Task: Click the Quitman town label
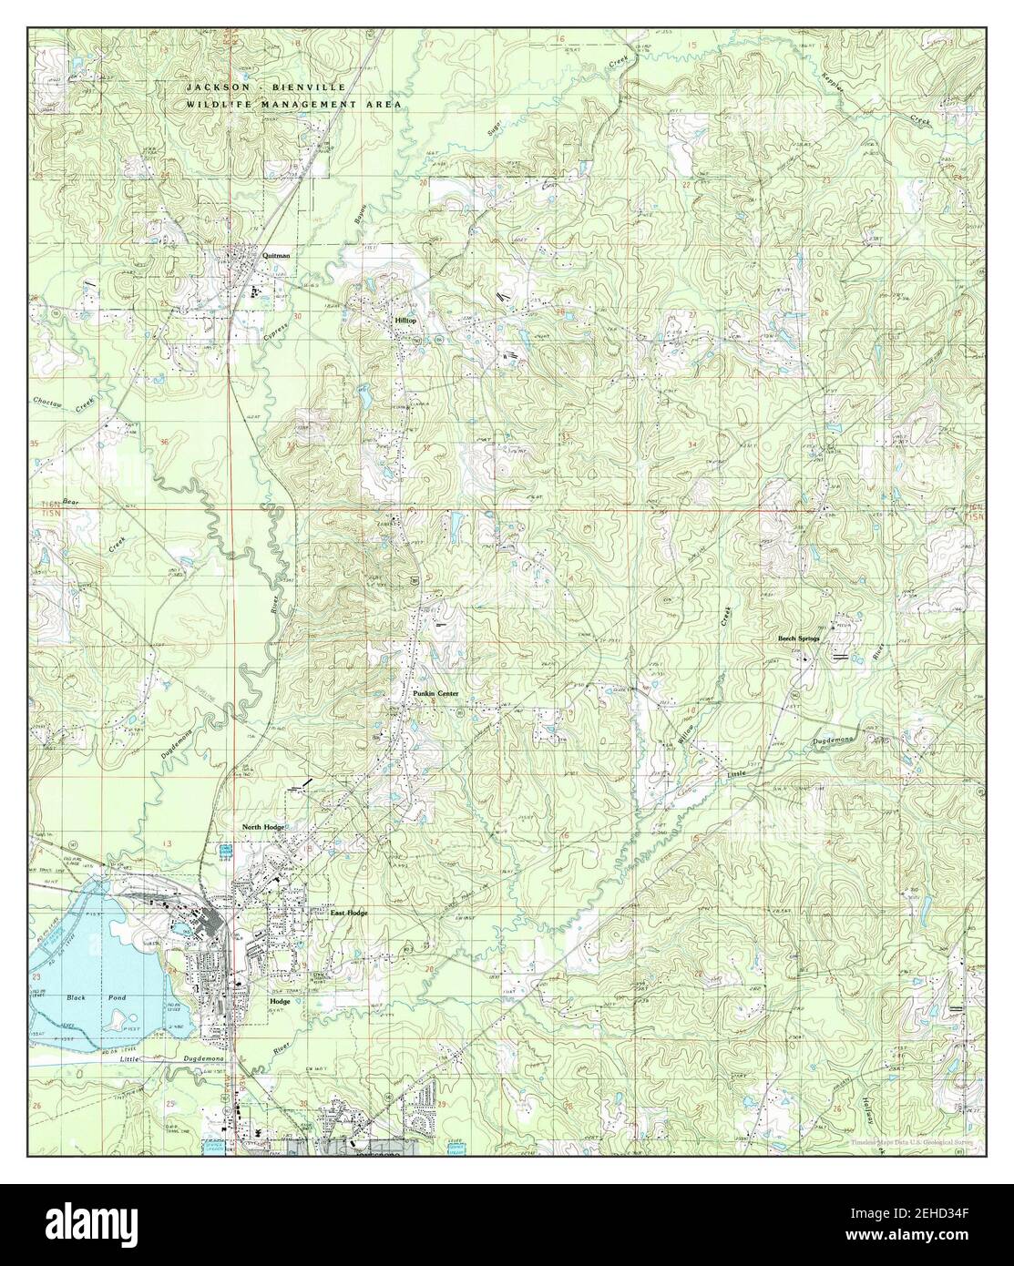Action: pos(276,256)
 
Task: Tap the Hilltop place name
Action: pos(405,322)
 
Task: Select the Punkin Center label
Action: pos(435,694)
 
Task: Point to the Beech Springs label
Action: pos(798,638)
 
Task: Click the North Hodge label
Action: pos(263,827)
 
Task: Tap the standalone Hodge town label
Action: pos(279,1001)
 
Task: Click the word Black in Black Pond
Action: pos(77,998)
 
